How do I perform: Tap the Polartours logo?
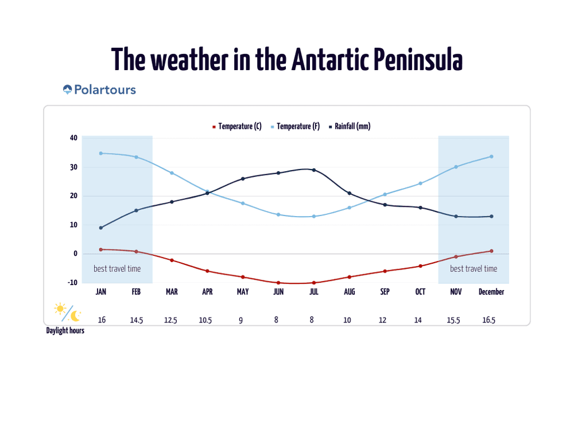[99, 90]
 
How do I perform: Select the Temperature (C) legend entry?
[237, 126]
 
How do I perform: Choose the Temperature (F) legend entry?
[296, 126]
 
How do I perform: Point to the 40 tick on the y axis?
[73, 138]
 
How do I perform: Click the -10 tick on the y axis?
[72, 283]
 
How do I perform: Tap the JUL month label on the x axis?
[313, 292]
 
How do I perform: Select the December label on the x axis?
[491, 292]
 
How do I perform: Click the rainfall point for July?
[313, 170]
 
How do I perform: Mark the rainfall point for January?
[101, 228]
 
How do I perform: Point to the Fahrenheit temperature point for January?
[101, 153]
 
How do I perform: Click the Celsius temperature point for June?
[278, 283]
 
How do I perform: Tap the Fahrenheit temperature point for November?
[456, 167]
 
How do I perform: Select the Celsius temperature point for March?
[172, 260]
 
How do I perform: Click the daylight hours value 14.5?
[136, 320]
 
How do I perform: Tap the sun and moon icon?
[67, 312]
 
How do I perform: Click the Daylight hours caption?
[65, 331]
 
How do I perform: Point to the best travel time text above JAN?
[117, 268]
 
